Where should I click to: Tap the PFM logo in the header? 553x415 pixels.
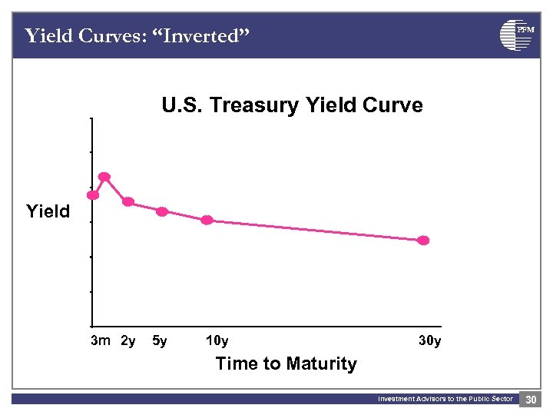coord(515,35)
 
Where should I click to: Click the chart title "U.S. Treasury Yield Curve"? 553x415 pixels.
coord(292,105)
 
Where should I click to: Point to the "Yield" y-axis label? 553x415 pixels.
coord(48,211)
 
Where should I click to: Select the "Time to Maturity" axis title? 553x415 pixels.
coord(286,364)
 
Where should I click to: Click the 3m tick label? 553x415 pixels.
coord(101,340)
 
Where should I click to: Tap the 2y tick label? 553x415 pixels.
coord(128,340)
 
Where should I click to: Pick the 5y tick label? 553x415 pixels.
coord(161,340)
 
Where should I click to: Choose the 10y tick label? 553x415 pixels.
coord(217,340)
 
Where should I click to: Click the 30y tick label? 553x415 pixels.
coord(429,340)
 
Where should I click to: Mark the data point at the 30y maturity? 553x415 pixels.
coord(423,241)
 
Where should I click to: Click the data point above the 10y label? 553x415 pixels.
coord(207,220)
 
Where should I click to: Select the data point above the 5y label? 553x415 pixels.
coord(162,211)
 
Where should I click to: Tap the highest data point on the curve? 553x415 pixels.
coord(104,177)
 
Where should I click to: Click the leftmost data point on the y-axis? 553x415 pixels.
coord(92,195)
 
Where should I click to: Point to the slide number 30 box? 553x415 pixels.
coord(531,399)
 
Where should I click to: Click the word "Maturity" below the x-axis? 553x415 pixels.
coord(320,364)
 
